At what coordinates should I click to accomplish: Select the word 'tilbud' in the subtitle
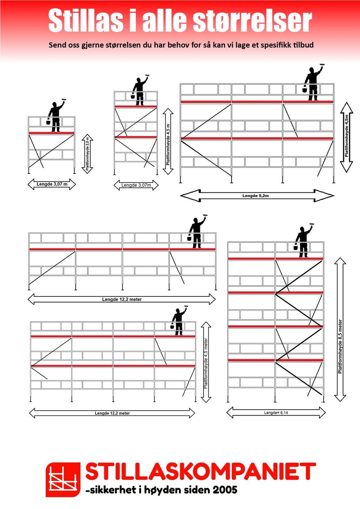pyautogui.click(x=303, y=45)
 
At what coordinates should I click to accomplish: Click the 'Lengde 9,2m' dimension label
pyautogui.click(x=255, y=196)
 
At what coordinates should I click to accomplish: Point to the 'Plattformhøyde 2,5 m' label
pyautogui.click(x=87, y=154)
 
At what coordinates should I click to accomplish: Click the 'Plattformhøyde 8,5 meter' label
pyautogui.click(x=340, y=347)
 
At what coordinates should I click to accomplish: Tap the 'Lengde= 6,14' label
pyautogui.click(x=276, y=413)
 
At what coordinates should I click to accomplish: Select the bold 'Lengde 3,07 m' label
pyautogui.click(x=52, y=184)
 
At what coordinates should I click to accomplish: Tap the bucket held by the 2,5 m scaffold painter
pyautogui.click(x=48, y=121)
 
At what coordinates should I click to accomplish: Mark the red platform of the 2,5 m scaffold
pyautogui.click(x=52, y=133)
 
